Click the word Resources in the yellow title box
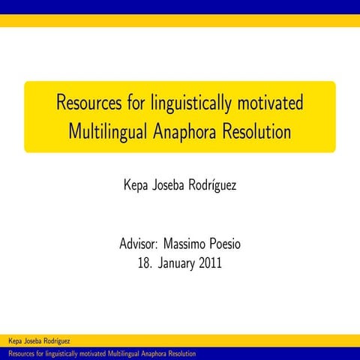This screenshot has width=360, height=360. point(88,103)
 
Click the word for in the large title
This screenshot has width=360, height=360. point(134,103)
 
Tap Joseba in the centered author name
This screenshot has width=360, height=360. point(173,184)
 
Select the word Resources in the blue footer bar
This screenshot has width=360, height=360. point(20,353)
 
